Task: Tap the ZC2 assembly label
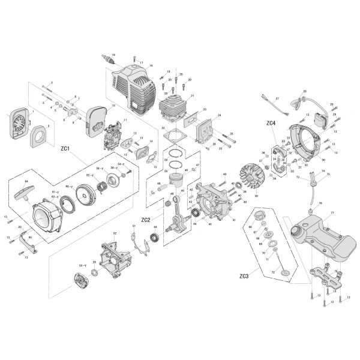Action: click(146, 220)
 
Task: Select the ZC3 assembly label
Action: click(244, 276)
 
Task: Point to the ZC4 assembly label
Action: click(271, 123)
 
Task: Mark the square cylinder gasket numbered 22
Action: click(175, 136)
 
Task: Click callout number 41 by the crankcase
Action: click(235, 221)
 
